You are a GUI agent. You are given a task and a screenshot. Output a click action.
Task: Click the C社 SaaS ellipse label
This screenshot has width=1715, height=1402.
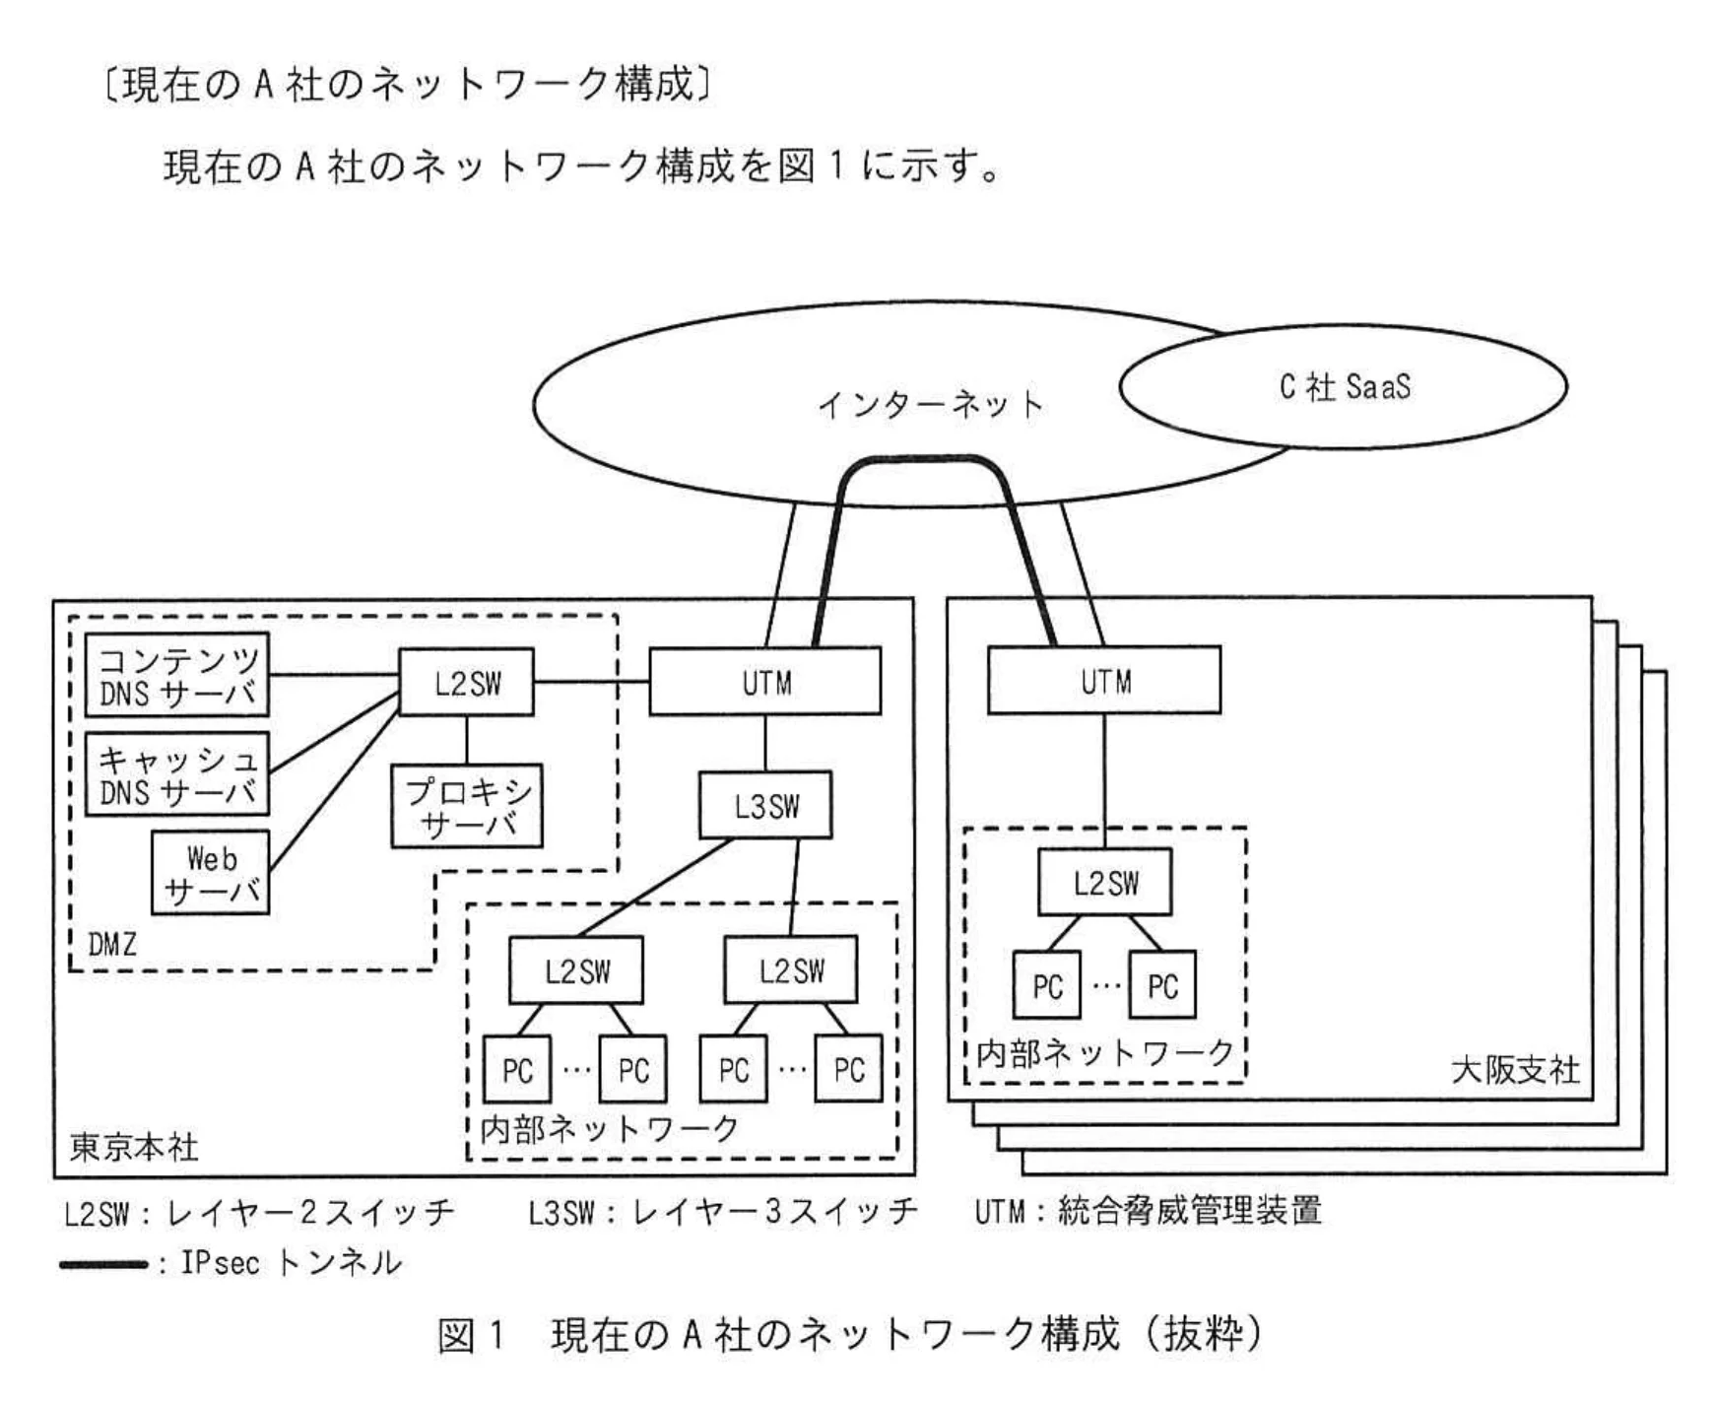coord(1344,386)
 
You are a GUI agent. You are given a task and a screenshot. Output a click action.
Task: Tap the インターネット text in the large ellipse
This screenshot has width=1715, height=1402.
coord(930,405)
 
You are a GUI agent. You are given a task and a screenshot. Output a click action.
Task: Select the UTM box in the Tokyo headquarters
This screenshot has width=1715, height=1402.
coord(764,682)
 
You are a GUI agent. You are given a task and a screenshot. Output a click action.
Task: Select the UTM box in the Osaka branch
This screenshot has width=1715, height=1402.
coord(1103,681)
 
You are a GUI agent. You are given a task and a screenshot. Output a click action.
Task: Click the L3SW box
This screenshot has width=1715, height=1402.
coord(765,806)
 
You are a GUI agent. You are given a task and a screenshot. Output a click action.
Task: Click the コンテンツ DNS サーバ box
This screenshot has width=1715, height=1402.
coord(177,676)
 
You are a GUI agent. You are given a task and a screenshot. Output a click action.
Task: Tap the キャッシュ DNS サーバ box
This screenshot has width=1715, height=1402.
coord(177,774)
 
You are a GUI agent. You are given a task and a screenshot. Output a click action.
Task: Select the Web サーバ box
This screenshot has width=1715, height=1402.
coord(211,874)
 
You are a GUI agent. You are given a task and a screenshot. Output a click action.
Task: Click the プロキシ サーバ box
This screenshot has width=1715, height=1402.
coord(467,807)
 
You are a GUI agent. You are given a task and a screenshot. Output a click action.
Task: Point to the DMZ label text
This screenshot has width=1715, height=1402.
coord(112,945)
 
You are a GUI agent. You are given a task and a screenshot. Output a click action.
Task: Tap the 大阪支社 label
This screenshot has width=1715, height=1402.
coord(1515,1069)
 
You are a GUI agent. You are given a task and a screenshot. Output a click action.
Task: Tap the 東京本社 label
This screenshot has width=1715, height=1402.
coord(134,1147)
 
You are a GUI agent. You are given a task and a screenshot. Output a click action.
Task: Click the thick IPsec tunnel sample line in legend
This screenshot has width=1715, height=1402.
coord(103,1264)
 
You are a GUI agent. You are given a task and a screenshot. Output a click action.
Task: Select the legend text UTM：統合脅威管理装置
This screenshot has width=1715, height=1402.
coord(1148,1211)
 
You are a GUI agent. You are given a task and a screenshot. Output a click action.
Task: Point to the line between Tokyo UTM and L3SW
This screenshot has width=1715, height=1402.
coord(765,743)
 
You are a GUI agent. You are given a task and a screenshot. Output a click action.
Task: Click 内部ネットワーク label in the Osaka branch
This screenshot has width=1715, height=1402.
coord(1104,1053)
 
